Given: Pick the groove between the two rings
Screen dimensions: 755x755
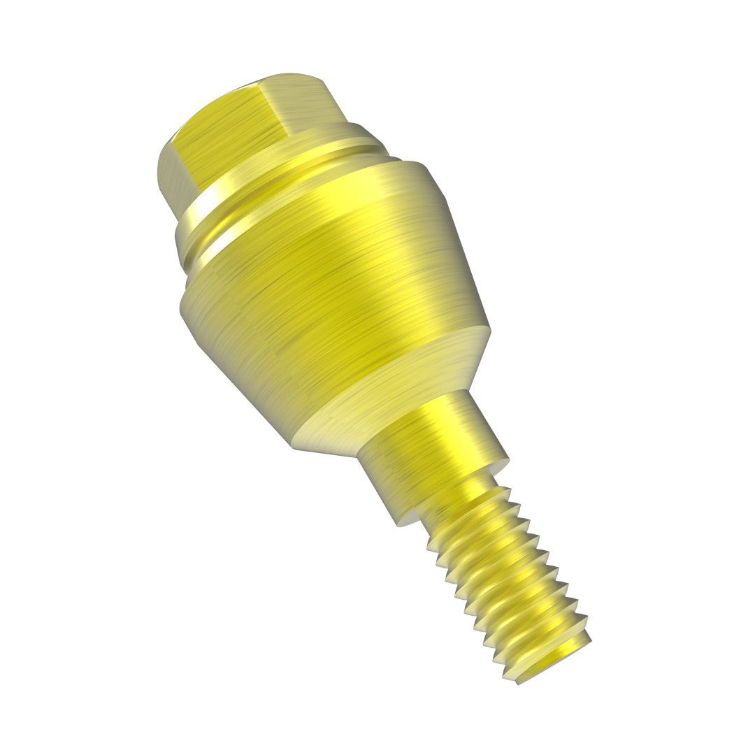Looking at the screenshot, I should pyautogui.click(x=294, y=178).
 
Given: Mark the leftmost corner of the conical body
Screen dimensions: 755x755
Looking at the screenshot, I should pyautogui.click(x=181, y=308).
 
